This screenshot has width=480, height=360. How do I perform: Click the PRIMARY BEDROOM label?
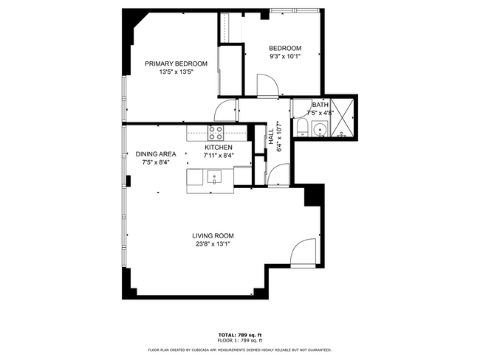click(x=176, y=63)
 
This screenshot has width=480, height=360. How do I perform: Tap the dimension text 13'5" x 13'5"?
click(x=176, y=72)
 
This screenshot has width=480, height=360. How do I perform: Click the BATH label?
click(x=320, y=105)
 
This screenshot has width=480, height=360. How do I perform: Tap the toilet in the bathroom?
click(x=301, y=129)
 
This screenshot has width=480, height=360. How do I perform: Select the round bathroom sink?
click(x=320, y=131)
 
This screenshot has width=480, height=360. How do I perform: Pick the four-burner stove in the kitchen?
click(x=216, y=133)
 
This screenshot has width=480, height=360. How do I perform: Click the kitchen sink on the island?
click(x=213, y=176)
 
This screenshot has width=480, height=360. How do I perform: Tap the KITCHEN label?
click(x=219, y=148)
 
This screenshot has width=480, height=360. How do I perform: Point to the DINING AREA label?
click(x=156, y=154)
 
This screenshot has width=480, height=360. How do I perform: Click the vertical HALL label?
click(x=271, y=136)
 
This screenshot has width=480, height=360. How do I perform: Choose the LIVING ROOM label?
click(x=213, y=235)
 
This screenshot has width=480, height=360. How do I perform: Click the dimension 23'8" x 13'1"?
click(x=213, y=244)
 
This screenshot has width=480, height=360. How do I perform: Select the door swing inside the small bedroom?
click(x=267, y=86)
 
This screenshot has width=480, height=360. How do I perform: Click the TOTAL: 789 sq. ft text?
click(x=239, y=335)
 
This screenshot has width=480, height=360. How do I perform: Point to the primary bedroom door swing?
click(x=224, y=111)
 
